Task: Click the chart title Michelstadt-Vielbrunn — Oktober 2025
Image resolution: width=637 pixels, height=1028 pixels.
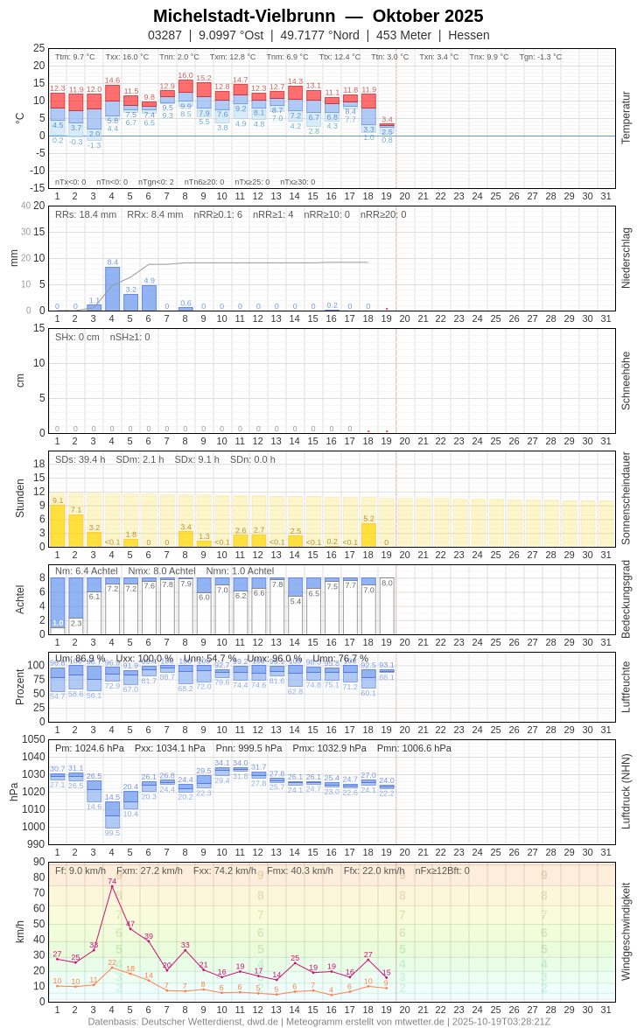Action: click(318, 16)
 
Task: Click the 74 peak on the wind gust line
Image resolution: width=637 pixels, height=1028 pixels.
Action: click(112, 886)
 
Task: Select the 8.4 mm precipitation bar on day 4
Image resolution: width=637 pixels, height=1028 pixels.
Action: click(112, 289)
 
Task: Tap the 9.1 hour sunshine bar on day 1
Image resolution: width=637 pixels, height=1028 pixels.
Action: click(58, 526)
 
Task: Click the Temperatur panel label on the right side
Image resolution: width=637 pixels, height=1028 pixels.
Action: click(626, 118)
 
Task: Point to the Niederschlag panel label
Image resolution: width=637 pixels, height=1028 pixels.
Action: click(626, 258)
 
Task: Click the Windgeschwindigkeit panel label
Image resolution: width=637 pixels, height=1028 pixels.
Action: click(626, 932)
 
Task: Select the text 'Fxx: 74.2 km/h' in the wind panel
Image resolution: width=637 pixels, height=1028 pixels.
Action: click(225, 871)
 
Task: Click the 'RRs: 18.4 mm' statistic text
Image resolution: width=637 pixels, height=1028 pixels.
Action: click(86, 214)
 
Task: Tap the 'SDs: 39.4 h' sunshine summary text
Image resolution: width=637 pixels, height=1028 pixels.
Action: click(80, 459)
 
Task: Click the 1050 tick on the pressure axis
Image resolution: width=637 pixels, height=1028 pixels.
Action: click(33, 739)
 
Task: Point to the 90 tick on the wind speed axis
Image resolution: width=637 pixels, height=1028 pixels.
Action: click(38, 862)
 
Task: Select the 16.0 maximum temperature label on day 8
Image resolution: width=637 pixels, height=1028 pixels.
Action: click(185, 75)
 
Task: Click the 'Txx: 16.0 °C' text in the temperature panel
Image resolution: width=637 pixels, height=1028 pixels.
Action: click(127, 57)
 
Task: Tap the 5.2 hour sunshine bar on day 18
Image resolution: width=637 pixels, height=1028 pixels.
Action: click(368, 535)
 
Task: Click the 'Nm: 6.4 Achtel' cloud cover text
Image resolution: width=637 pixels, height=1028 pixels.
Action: click(86, 570)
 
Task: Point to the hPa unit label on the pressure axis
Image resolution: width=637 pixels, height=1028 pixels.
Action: click(13, 792)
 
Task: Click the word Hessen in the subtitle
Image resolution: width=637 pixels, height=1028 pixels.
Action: click(469, 35)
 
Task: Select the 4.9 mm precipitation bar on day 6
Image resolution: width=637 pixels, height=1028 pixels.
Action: click(149, 298)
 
